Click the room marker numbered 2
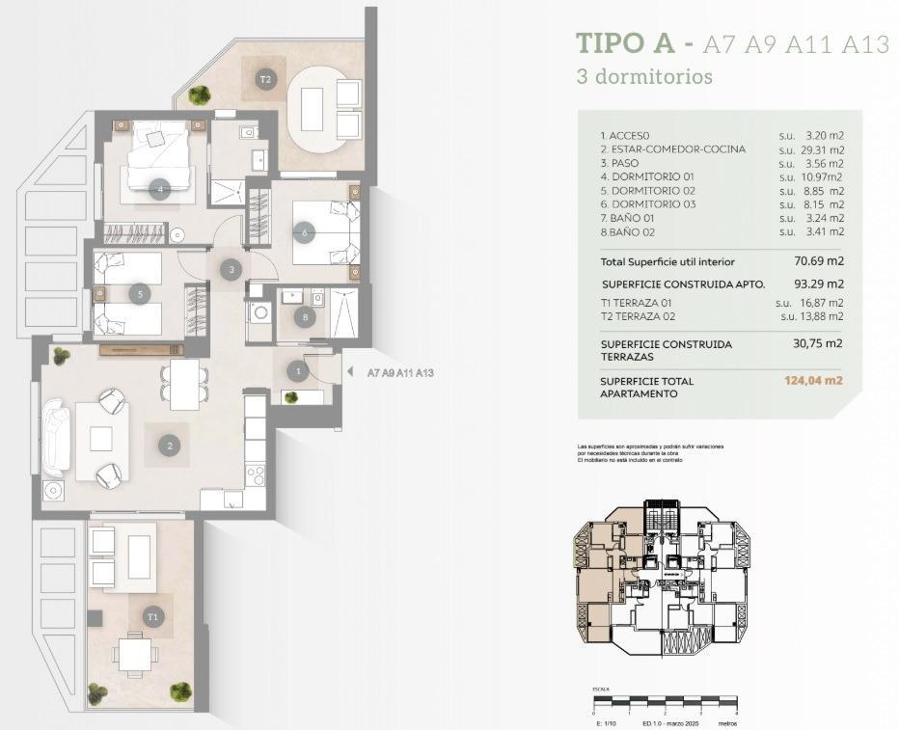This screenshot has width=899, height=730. (x=170, y=446)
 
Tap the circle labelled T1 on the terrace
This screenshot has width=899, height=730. (x=152, y=615)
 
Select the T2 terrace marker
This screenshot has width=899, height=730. (x=265, y=79)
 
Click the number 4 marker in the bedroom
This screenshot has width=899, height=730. (x=160, y=189)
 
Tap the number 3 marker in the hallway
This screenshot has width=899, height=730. (x=231, y=270)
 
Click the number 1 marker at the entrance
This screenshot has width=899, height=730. (x=299, y=370)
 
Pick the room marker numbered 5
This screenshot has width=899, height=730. (x=140, y=293)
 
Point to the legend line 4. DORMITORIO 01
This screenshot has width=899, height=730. (x=647, y=177)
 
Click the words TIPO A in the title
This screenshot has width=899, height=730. (x=623, y=44)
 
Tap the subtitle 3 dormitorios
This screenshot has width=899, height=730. (x=643, y=76)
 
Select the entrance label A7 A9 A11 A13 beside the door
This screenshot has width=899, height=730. (x=400, y=372)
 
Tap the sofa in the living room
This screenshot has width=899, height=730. (x=54, y=439)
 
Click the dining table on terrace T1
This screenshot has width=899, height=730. (x=134, y=656)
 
